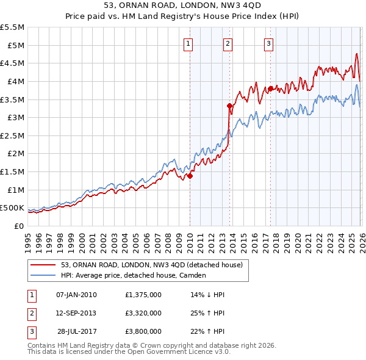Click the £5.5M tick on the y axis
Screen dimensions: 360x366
pyautogui.click(x=13, y=27)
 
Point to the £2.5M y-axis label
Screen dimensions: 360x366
pyautogui.click(x=13, y=135)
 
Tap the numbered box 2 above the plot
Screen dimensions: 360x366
pyautogui.click(x=228, y=43)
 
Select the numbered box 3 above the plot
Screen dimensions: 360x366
pyautogui.click(x=268, y=43)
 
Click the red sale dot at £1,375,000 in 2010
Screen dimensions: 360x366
pyautogui.click(x=190, y=176)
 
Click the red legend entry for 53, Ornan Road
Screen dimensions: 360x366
pyautogui.click(x=152, y=265)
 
